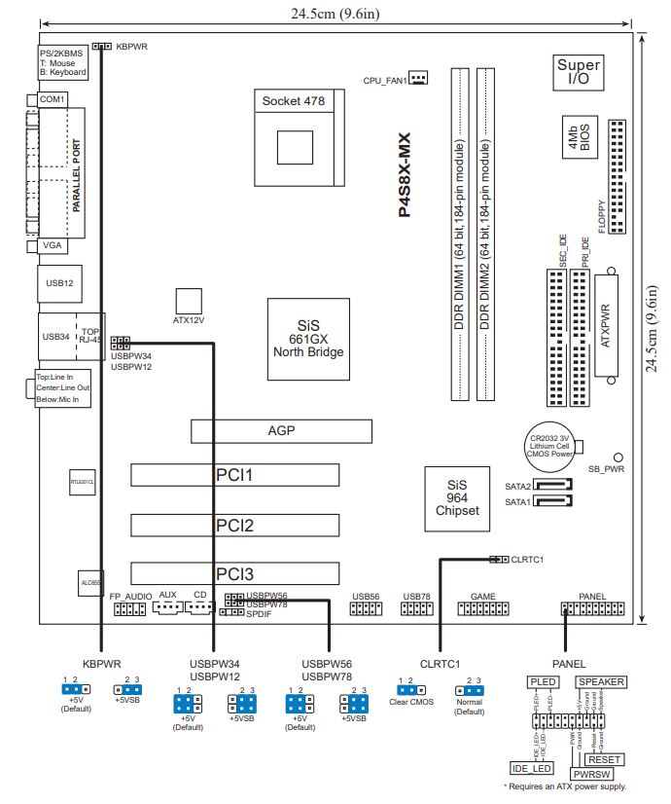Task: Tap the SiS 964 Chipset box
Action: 456,497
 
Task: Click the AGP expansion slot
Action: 281,430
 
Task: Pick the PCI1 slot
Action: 235,475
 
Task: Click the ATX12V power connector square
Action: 189,299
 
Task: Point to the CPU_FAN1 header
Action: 418,78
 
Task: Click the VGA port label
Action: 53,247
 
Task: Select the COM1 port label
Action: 52,99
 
